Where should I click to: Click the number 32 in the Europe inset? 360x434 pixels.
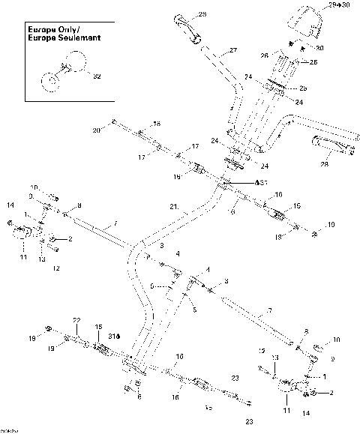(x=94, y=75)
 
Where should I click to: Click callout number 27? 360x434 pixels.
(x=232, y=51)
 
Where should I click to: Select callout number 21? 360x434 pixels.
(x=173, y=207)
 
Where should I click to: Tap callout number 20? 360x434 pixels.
(x=96, y=130)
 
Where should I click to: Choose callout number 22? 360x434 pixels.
(x=76, y=320)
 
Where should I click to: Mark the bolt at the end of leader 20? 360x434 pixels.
(x=112, y=121)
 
